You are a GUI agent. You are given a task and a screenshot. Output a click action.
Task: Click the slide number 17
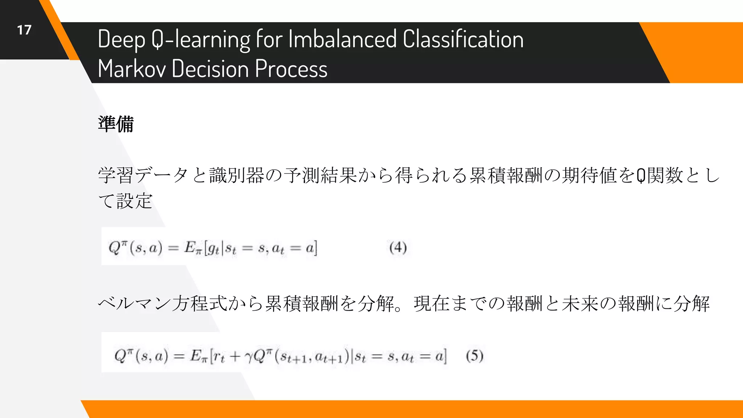click(24, 30)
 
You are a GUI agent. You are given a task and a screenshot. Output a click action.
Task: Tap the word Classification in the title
click(463, 39)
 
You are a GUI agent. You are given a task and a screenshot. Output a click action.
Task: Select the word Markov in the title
click(131, 69)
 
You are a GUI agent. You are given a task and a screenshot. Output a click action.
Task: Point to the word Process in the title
click(291, 69)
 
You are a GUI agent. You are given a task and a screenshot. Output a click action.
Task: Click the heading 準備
click(116, 124)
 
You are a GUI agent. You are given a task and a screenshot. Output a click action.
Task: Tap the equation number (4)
click(398, 248)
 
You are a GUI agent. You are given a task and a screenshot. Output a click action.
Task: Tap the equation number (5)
click(475, 356)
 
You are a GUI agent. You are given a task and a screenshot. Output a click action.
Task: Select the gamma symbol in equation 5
click(249, 357)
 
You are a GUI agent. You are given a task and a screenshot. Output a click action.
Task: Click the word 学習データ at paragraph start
click(143, 175)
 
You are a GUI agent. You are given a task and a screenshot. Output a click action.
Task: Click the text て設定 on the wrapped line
click(125, 201)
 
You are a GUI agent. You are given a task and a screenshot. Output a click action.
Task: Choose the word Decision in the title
click(210, 69)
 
